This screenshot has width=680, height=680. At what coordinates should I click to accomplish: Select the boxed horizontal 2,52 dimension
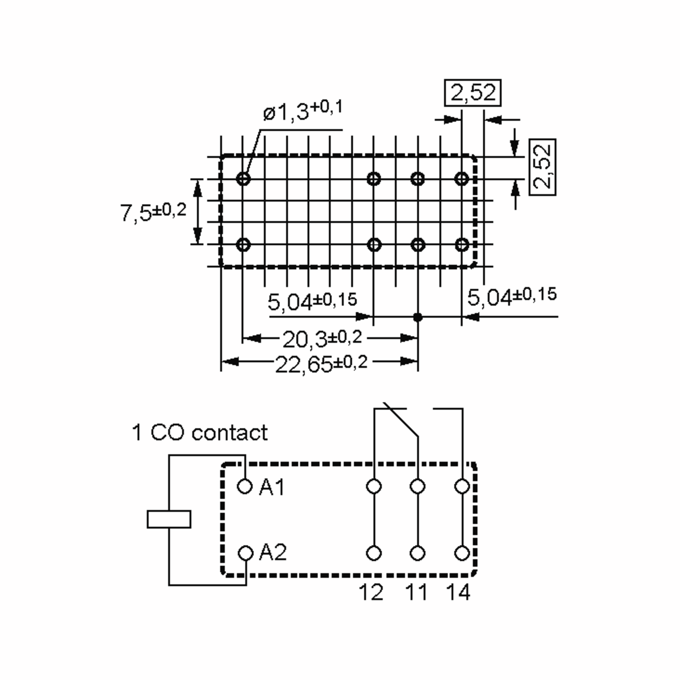point(472,93)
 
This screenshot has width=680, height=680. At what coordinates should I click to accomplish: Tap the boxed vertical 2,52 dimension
point(542,167)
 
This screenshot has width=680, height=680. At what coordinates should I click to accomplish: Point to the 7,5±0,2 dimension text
point(153,212)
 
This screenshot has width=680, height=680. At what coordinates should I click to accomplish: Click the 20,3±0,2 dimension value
point(322,339)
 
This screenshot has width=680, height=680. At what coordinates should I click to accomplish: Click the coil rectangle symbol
point(169,519)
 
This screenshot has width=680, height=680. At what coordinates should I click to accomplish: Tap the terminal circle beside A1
point(245,487)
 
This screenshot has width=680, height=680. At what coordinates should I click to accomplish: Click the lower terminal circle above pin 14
point(462,553)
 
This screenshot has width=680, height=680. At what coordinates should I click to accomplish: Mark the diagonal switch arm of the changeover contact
point(401,420)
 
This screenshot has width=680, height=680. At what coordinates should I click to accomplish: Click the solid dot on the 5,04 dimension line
point(418,317)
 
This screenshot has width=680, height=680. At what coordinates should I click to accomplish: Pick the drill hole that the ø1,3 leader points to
point(243,178)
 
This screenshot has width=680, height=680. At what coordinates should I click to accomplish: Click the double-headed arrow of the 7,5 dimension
point(198,212)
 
